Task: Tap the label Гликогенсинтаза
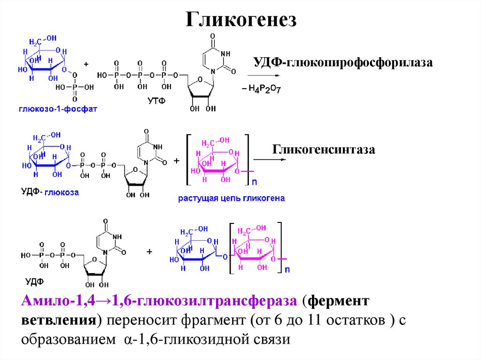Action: point(323,150)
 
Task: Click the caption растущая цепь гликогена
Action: point(231,198)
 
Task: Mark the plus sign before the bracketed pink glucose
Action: point(177,161)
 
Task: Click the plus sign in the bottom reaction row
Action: point(150,252)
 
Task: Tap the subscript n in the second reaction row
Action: point(254,181)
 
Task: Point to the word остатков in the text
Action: point(362,320)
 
